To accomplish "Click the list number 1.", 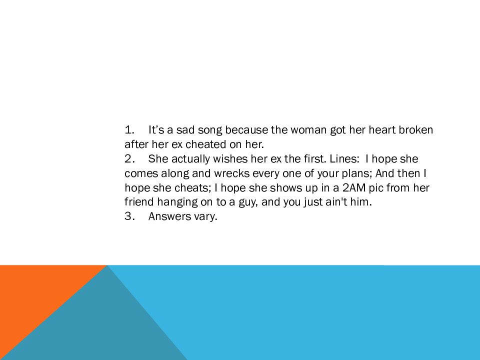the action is [x=129, y=130].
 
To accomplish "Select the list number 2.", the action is [x=129, y=159].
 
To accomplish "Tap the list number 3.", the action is [x=129, y=216].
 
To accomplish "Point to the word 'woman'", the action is [x=308, y=130].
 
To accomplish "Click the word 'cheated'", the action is [x=206, y=144].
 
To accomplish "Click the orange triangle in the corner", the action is [x=33, y=294].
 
